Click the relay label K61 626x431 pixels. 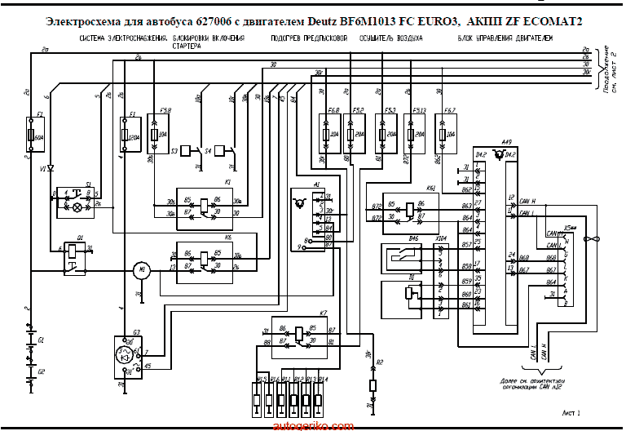tap(431, 188)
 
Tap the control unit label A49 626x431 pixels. tap(507, 140)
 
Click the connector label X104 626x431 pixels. tap(442, 238)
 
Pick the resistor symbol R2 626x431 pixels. tap(373, 385)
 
